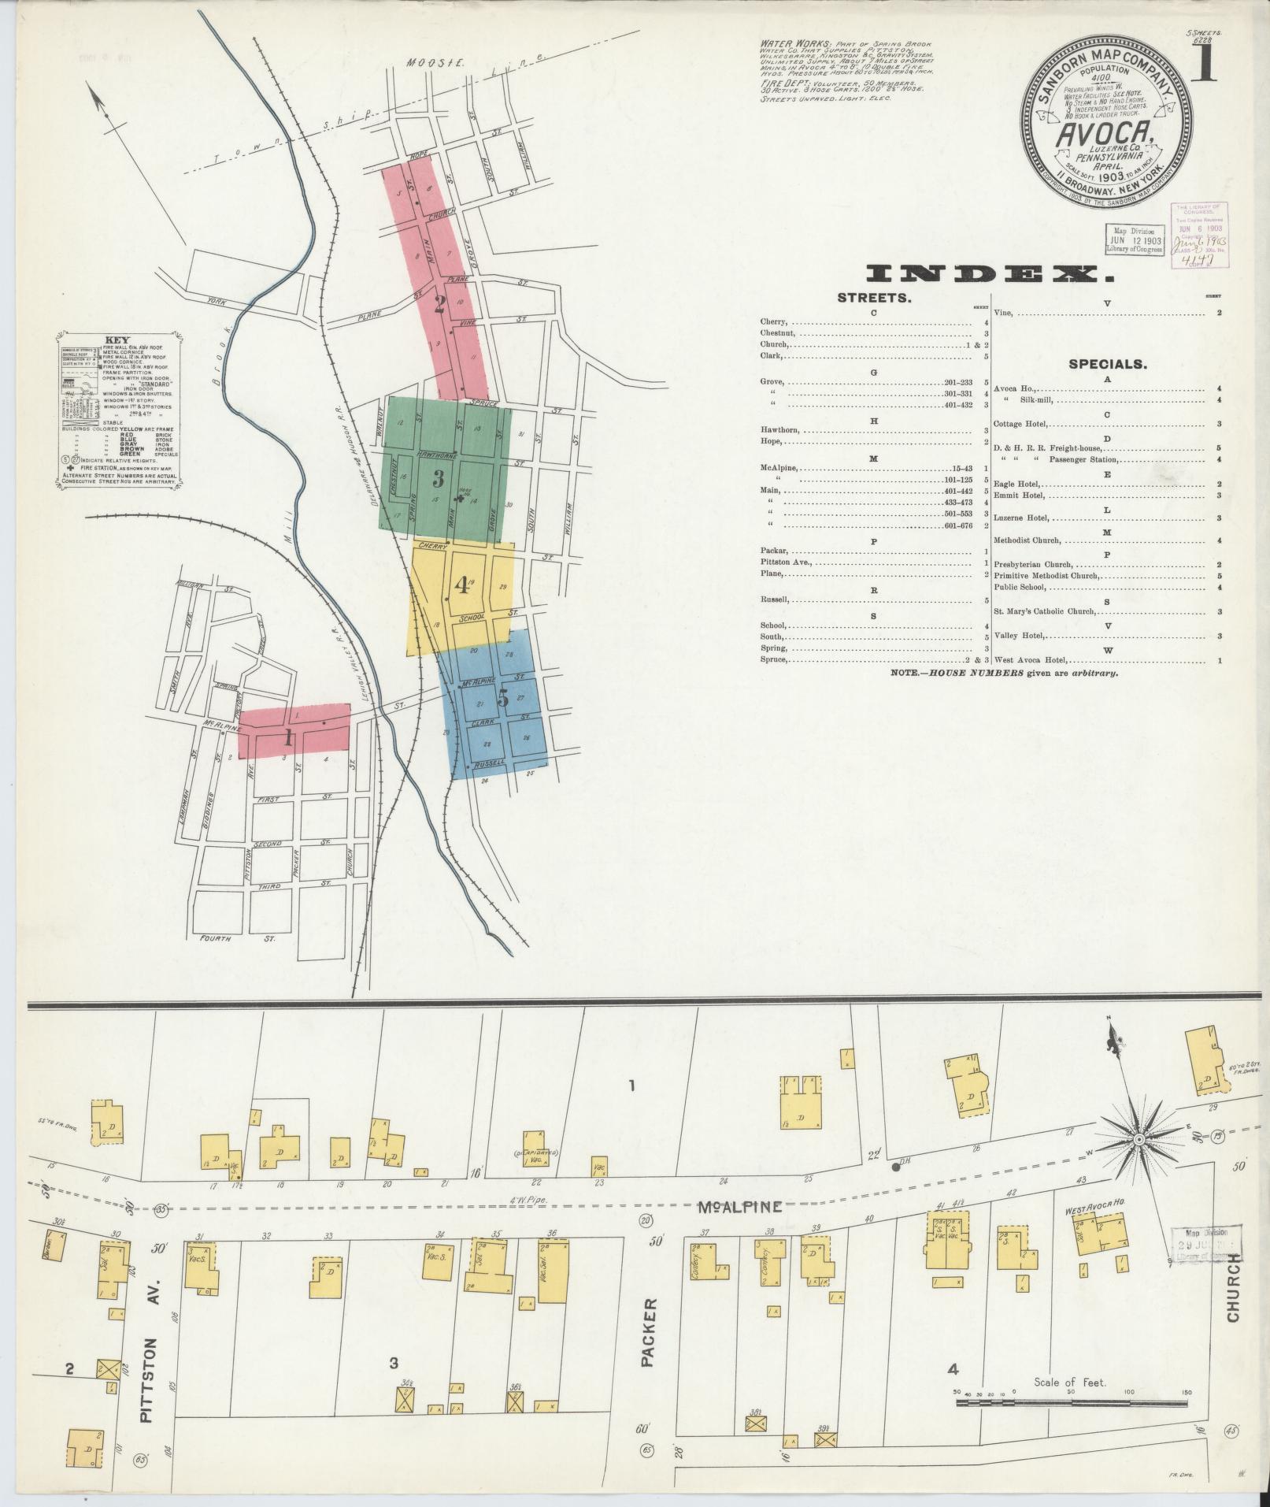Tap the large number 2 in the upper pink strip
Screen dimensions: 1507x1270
coord(439,304)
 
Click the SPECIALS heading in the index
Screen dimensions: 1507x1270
coord(1107,365)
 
